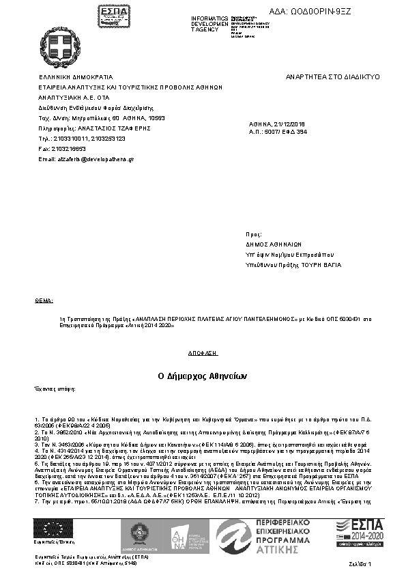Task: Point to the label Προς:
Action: [254, 233]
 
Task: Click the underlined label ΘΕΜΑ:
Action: [44, 300]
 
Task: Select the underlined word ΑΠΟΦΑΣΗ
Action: [203, 353]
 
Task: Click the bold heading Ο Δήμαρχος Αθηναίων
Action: [203, 376]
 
